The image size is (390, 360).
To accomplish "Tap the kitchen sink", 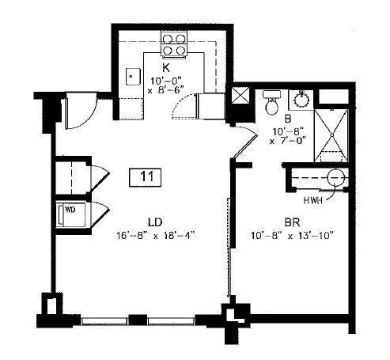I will click(132, 78).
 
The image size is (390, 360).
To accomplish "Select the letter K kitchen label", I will click(166, 68).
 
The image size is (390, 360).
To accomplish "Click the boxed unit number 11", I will click(144, 176).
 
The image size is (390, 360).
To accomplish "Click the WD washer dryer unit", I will click(70, 212).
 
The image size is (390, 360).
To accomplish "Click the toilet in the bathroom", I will click(271, 102).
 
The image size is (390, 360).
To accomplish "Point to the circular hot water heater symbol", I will click(336, 177).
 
